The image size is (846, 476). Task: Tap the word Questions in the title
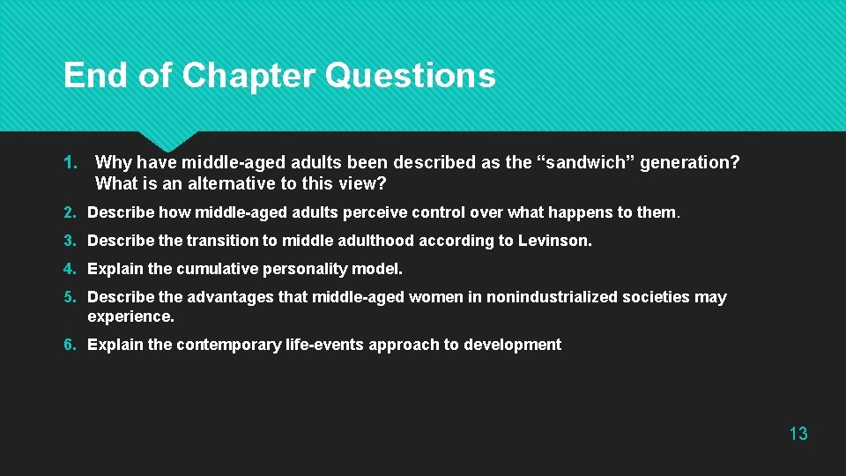410,77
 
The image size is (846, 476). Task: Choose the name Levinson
558,241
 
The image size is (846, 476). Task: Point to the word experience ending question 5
130,316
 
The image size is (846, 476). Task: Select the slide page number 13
798,433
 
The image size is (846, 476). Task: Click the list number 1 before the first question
70,163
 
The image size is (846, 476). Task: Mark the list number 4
70,269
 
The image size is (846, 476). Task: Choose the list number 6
70,345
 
